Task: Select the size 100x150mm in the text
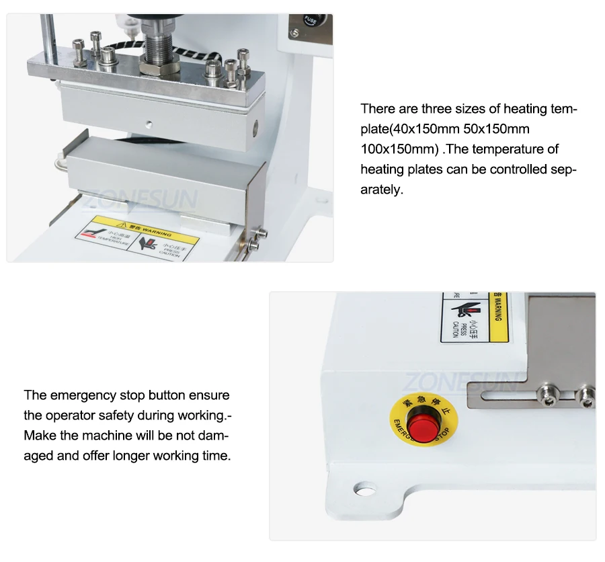pyautogui.click(x=399, y=149)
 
